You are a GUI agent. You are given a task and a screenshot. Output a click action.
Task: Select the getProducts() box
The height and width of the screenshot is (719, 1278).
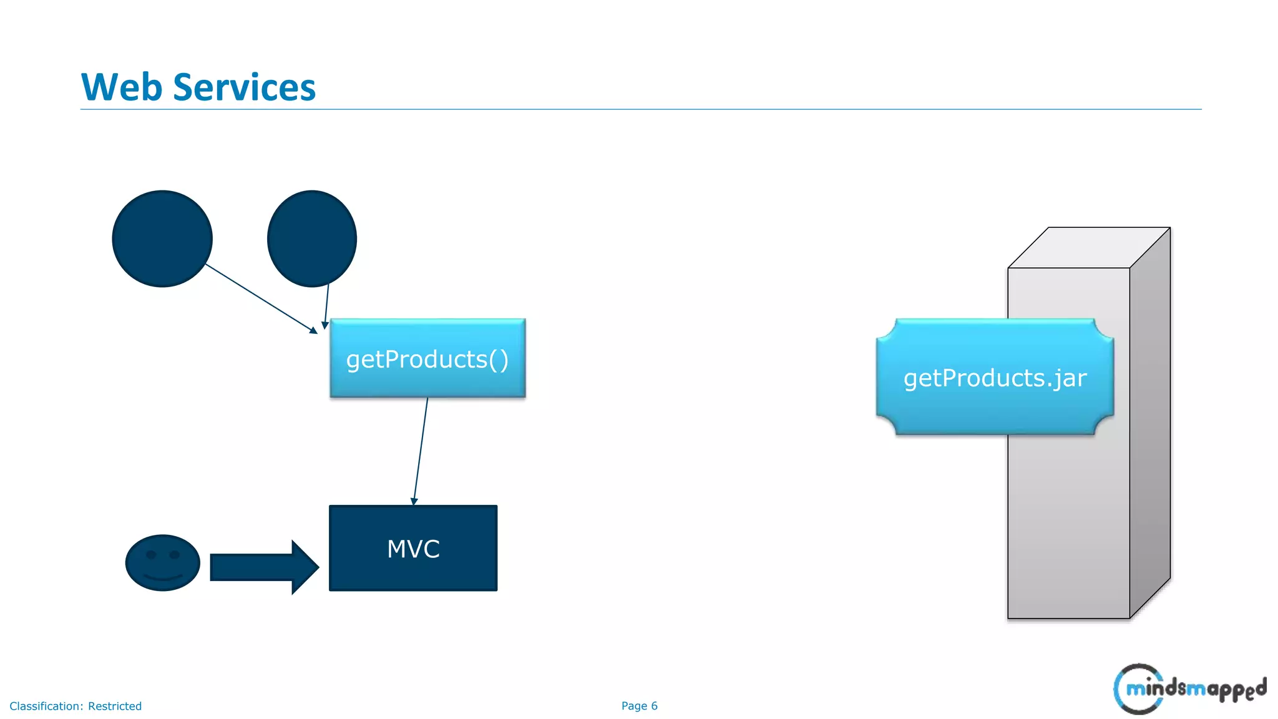tap(427, 358)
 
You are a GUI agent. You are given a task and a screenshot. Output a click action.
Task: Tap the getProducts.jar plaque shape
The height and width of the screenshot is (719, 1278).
tap(995, 378)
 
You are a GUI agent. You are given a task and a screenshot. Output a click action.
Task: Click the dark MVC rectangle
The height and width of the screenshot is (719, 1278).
tap(413, 549)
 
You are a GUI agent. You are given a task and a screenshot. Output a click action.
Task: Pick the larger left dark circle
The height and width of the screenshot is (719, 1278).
tap(162, 238)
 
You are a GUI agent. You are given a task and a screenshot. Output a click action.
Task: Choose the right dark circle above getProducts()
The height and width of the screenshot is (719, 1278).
tap(311, 238)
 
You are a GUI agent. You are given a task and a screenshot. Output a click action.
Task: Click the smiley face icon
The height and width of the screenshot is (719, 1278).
tap(162, 562)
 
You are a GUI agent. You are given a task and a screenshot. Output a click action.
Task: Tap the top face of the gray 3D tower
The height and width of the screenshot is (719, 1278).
tap(1088, 248)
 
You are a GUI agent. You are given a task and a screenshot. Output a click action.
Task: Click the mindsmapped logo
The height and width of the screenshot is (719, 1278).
tap(1189, 689)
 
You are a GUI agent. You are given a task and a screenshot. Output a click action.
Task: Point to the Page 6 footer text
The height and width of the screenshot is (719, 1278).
tap(639, 706)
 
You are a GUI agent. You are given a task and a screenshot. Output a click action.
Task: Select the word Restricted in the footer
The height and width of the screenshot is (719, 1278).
tap(115, 707)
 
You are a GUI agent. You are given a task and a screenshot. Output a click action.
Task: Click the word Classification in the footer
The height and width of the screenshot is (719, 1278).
tap(46, 707)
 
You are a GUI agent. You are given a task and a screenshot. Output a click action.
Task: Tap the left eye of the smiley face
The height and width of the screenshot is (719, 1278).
tap(151, 555)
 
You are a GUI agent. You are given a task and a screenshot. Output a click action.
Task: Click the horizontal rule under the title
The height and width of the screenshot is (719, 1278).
tap(640, 109)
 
